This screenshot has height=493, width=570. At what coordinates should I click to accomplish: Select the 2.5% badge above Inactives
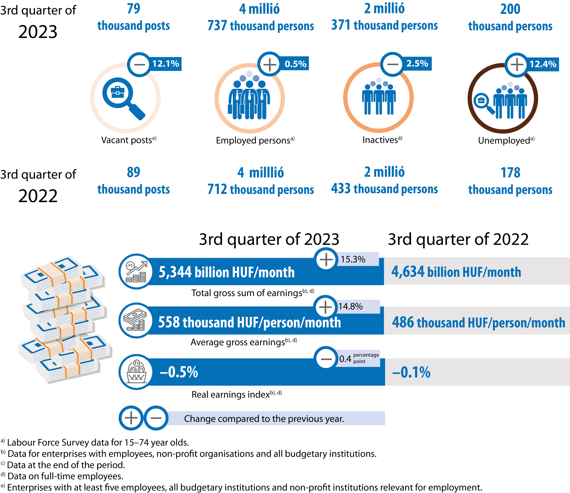417,64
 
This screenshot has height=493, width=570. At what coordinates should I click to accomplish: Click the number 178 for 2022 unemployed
510,173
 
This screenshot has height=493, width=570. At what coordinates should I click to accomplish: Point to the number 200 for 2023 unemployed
510,9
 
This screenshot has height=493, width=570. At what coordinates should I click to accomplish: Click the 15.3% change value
353,259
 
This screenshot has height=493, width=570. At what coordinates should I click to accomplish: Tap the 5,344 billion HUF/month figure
226,272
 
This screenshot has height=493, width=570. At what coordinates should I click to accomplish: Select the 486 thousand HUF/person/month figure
478,322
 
